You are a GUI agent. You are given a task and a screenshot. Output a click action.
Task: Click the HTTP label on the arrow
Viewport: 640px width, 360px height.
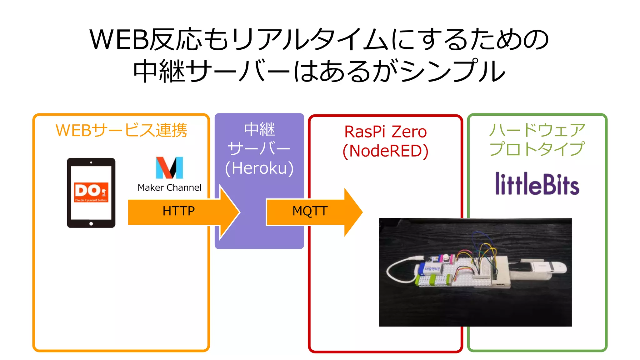(178, 211)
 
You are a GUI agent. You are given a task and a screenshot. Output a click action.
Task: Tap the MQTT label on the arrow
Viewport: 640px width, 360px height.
(310, 211)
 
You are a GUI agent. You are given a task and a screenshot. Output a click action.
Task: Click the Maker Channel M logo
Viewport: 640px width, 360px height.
(169, 168)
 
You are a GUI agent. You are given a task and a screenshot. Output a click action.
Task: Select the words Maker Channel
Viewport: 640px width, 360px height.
(169, 187)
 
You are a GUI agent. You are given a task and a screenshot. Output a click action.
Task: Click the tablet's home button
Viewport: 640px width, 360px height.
(91, 224)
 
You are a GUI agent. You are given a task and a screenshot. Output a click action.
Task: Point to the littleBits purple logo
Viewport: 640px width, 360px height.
(537, 184)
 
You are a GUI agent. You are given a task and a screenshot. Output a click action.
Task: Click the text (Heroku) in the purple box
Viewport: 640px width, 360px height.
(259, 168)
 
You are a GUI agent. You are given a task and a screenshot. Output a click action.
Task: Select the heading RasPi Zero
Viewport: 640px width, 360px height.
(385, 132)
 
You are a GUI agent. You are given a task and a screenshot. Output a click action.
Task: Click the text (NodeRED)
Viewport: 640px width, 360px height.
(385, 151)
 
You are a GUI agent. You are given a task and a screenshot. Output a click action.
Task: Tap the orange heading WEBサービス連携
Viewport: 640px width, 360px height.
(121, 130)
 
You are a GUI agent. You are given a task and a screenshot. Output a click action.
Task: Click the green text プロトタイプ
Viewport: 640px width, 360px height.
(537, 149)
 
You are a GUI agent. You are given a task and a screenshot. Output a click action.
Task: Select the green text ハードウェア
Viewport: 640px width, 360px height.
(537, 130)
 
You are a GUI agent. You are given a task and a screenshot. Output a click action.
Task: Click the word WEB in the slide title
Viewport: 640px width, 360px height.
(119, 40)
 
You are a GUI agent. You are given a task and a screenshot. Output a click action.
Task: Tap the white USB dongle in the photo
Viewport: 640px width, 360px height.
(550, 267)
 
